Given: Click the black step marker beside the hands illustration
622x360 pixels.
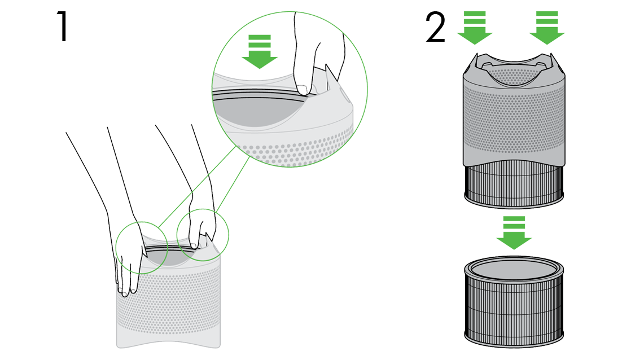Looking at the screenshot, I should [x=61, y=26].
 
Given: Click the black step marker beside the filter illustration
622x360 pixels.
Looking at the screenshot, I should [x=435, y=26].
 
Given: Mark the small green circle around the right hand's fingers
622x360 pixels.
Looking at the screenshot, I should [x=203, y=231].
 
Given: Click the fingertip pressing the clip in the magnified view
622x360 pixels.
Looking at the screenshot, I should [x=304, y=87].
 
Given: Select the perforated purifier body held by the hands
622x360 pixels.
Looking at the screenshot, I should [x=169, y=305].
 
